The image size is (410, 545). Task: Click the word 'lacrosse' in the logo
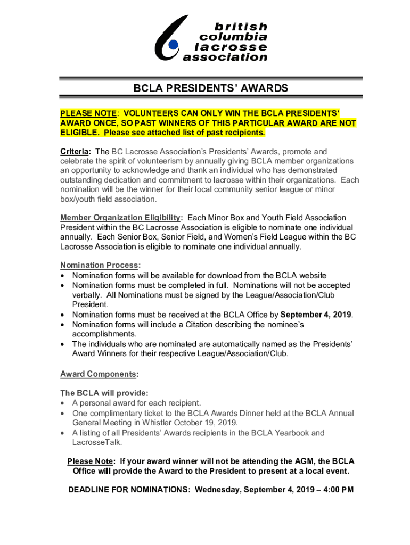(x=231, y=47)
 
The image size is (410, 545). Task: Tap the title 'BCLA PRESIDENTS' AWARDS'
(x=211, y=88)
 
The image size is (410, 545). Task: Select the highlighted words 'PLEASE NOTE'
(x=88, y=113)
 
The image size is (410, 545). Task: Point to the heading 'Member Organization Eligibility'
(x=120, y=218)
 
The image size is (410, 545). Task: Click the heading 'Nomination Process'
(x=100, y=266)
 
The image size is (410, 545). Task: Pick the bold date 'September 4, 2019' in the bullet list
(x=316, y=315)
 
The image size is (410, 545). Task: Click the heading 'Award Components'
(x=98, y=374)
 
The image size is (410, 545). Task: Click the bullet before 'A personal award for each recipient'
(x=64, y=403)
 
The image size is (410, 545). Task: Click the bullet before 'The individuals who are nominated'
(x=64, y=344)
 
